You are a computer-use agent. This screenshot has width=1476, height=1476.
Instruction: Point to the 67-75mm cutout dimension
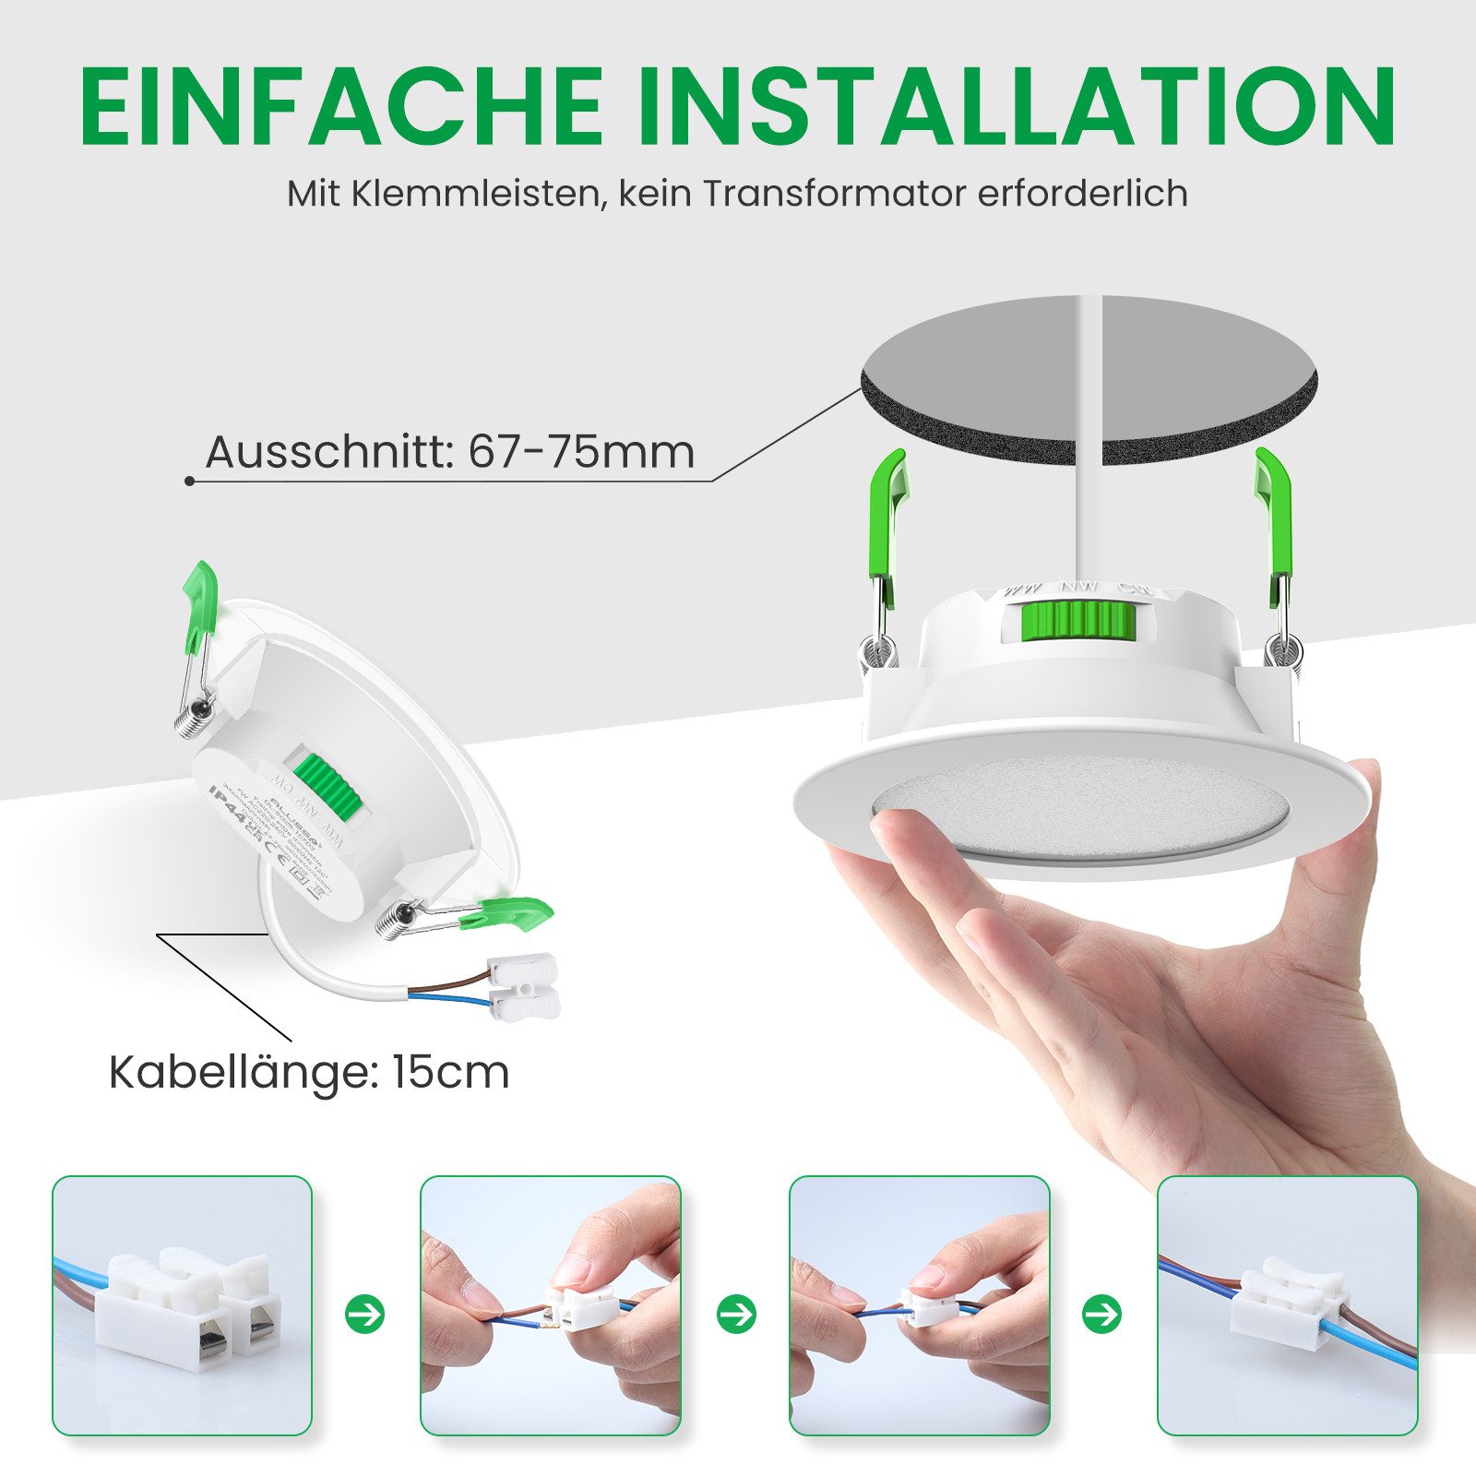(581, 452)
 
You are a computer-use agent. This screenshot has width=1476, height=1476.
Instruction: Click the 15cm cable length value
(451, 1073)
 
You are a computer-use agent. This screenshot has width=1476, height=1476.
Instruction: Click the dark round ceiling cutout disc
(1089, 378)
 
